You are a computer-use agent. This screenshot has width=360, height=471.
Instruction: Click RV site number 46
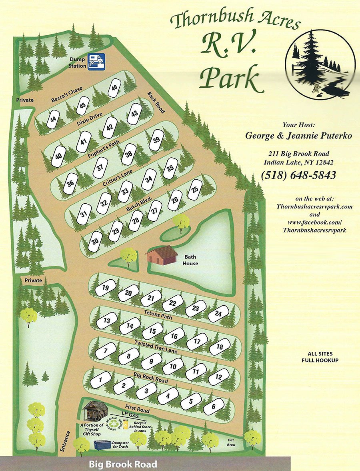(115, 88)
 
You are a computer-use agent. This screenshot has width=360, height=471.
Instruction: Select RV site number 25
(195, 188)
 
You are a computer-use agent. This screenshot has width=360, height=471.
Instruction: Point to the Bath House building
(161, 255)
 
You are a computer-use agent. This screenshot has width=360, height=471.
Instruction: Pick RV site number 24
(218, 314)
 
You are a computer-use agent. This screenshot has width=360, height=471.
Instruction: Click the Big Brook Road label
(123, 465)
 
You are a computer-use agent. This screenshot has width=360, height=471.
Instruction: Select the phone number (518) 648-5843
(298, 175)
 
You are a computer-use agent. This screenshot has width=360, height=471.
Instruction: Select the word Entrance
(66, 441)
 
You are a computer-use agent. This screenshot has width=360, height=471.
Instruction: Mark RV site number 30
(95, 242)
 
